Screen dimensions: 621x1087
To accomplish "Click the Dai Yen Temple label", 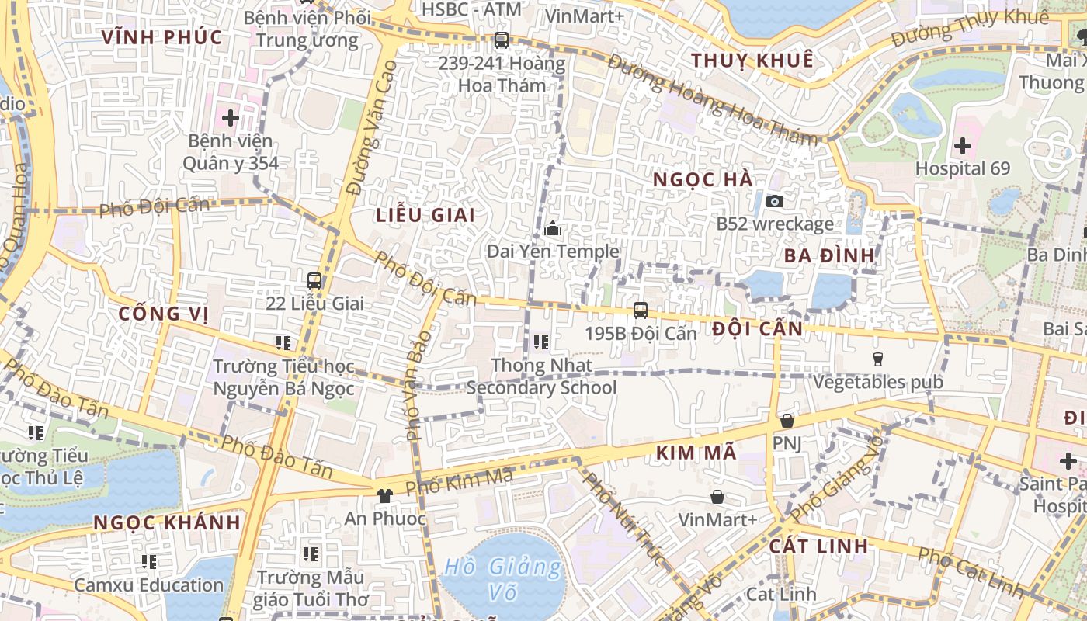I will click(x=553, y=252).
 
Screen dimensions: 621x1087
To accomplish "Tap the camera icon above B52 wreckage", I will click(x=774, y=201).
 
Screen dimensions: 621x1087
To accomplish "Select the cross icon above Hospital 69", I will click(x=963, y=145).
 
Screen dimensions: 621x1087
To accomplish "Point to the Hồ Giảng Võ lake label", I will click(x=502, y=580).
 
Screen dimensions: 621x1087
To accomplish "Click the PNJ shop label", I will click(x=787, y=442).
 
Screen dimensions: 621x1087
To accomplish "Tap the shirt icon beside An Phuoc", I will click(x=385, y=495).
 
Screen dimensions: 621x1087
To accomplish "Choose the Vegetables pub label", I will click(x=877, y=382).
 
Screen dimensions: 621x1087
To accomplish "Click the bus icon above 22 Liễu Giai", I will click(x=314, y=281).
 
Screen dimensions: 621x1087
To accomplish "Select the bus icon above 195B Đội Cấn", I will click(x=641, y=310).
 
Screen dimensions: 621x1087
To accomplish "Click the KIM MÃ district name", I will click(x=696, y=453).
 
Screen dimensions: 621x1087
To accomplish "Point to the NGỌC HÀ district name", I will click(x=702, y=180).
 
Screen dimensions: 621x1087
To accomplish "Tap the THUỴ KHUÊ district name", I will click(x=752, y=61).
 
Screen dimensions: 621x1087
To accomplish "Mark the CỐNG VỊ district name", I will click(x=164, y=314).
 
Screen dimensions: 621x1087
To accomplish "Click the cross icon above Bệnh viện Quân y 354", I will click(x=230, y=118).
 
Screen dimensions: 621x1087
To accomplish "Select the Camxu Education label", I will click(x=149, y=585).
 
